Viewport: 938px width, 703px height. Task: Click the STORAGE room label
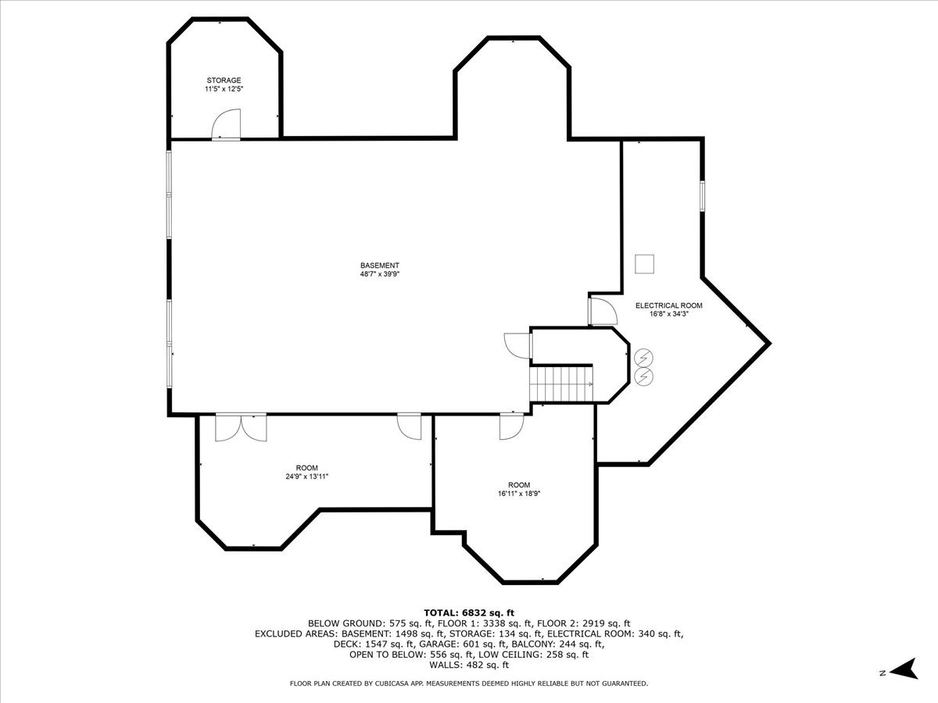(x=224, y=80)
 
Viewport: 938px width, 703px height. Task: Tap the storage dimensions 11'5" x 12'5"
(x=224, y=90)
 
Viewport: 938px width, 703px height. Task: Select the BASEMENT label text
(x=380, y=266)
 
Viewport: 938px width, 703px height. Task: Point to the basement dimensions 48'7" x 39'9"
(x=380, y=274)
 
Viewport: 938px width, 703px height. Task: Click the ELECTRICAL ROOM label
(x=668, y=305)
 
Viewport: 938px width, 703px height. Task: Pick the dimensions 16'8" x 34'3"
(x=668, y=314)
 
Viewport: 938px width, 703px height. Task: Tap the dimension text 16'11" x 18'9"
(x=518, y=493)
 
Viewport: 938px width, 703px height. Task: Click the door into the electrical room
(x=603, y=311)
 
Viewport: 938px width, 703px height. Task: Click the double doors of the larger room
(x=241, y=427)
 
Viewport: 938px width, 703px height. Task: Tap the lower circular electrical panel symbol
(x=644, y=376)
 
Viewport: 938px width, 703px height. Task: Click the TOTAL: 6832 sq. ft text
(x=469, y=612)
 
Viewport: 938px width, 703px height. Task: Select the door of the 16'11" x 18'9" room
(x=510, y=426)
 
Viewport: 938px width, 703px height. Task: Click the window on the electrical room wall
(x=702, y=195)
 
